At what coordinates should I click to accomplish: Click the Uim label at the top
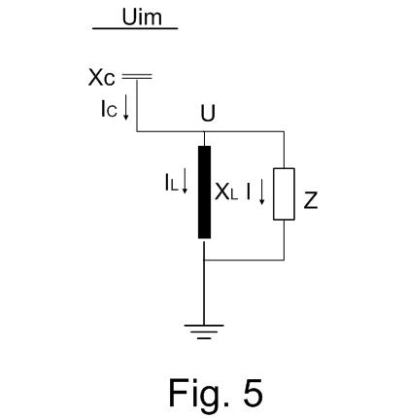pos(142,17)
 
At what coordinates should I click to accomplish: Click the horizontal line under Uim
pos(135,28)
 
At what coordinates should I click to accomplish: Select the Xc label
pos(101,78)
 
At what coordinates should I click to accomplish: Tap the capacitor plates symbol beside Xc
pos(137,77)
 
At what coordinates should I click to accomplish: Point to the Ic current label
pos(109,109)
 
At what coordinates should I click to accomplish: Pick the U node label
pos(208,113)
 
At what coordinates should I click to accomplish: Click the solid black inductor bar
pos(204,192)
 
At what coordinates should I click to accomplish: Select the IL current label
pos(172,183)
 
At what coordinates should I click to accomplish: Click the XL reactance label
pos(226,192)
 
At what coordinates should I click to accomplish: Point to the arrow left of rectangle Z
pos(261,193)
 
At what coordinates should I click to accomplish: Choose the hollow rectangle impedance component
pos(284,193)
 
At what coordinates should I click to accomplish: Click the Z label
pos(311,200)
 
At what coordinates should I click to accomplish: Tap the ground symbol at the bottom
pos(204,331)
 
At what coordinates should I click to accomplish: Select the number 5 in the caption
pos(253,393)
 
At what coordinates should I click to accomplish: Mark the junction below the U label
pos(204,131)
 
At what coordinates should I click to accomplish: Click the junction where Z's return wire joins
pos(204,260)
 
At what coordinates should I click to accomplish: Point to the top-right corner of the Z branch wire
pos(285,131)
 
